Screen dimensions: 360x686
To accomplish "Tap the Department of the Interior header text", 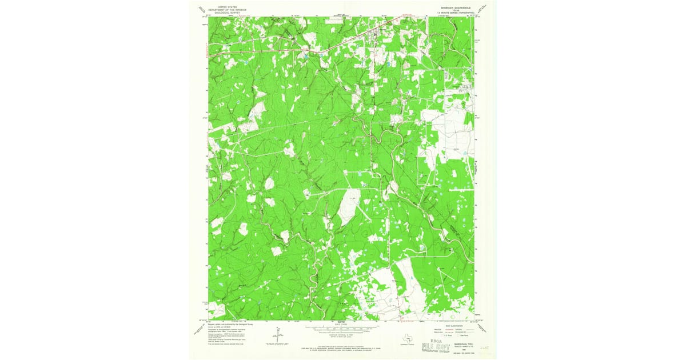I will [228, 10].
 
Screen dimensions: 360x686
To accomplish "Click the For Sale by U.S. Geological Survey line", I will [342, 347].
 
